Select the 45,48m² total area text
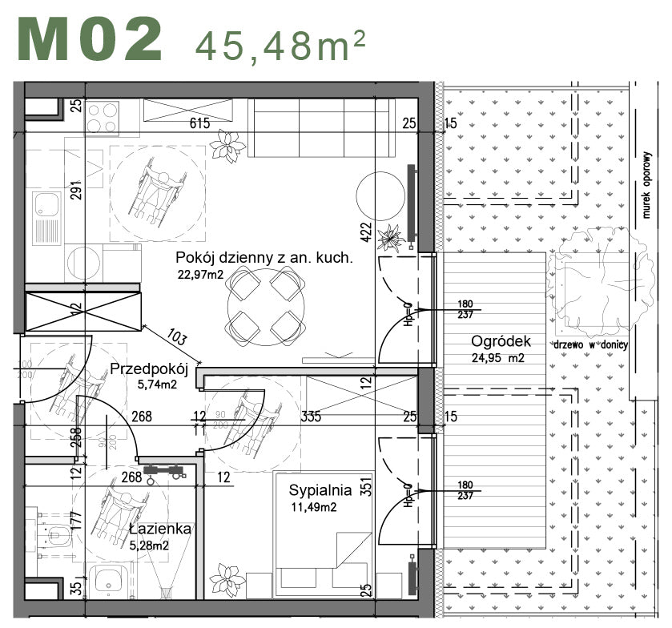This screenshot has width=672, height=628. point(281,45)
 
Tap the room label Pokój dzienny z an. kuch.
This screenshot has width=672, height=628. point(265,259)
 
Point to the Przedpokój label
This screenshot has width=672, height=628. point(148,369)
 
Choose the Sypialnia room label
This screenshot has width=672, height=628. point(320,489)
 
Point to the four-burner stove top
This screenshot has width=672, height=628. point(103,118)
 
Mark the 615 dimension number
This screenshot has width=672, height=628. point(199,123)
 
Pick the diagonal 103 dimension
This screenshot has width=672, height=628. point(177,338)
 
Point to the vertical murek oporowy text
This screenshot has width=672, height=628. point(645,184)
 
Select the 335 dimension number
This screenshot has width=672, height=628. point(311,416)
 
